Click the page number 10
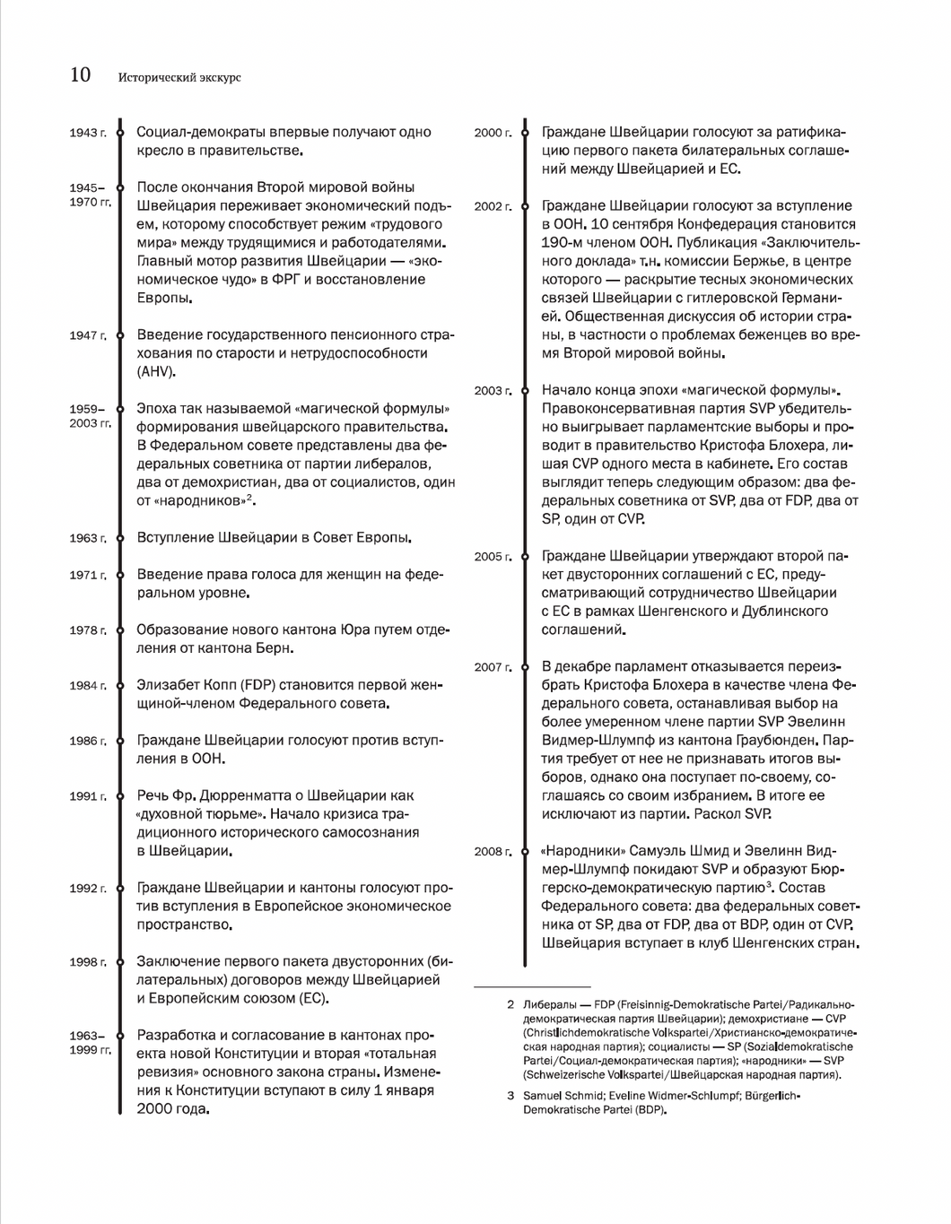[x=81, y=75]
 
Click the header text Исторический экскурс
[x=179, y=78]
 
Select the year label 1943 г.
[x=87, y=133]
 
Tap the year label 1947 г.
[x=87, y=335]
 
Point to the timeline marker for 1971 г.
[x=120, y=575]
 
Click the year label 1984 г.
[x=87, y=686]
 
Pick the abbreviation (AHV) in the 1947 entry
[x=156, y=372]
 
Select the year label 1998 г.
[x=87, y=962]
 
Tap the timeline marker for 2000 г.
[x=525, y=133]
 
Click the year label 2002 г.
[x=493, y=207]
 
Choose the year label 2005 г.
[x=493, y=557]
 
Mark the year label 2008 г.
[x=493, y=852]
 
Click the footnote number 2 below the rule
[x=510, y=1005]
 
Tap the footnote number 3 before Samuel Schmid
[x=510, y=1096]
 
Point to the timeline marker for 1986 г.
[x=120, y=741]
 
